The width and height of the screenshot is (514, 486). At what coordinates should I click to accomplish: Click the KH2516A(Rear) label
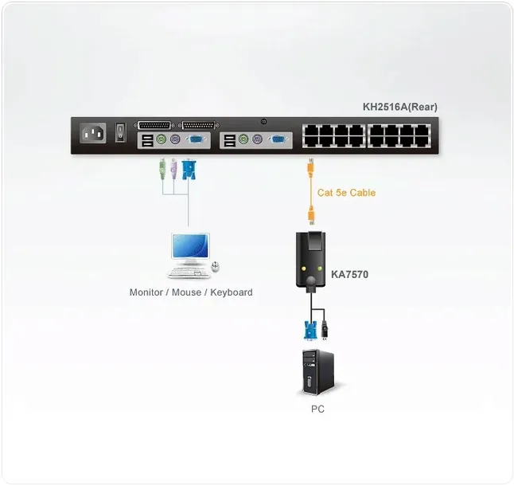(x=399, y=107)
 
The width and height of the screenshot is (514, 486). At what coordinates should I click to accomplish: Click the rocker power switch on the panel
(x=120, y=131)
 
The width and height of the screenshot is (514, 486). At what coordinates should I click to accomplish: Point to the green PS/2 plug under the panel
(x=161, y=170)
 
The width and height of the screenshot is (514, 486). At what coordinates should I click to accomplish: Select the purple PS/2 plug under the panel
(x=173, y=170)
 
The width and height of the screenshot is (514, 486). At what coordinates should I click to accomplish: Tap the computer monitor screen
(x=189, y=247)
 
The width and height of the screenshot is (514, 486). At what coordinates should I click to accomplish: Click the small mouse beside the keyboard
(x=215, y=265)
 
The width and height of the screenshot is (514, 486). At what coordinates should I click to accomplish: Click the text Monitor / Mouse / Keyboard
(x=191, y=292)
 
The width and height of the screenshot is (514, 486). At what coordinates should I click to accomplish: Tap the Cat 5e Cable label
(x=346, y=193)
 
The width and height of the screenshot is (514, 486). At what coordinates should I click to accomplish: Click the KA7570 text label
(x=349, y=275)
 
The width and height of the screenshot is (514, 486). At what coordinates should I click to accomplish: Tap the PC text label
(x=317, y=409)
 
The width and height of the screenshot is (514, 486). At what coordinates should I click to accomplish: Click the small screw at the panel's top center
(x=263, y=121)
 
